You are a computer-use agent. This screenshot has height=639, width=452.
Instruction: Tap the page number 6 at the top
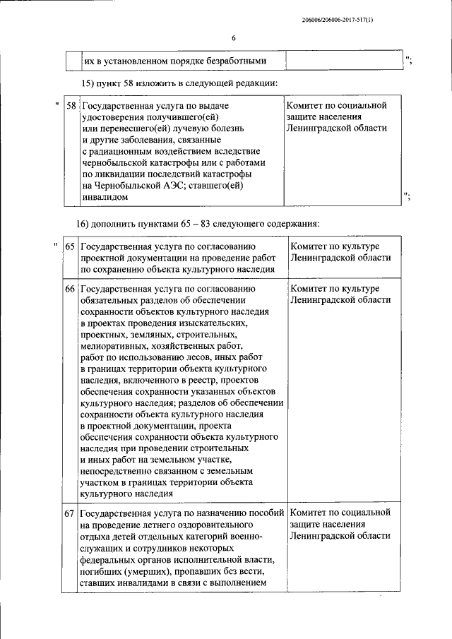point(233,38)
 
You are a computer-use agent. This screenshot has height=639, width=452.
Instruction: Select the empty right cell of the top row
point(345,61)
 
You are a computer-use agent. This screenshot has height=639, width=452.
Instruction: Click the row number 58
point(71,106)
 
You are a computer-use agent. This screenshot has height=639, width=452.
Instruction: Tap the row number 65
point(71,247)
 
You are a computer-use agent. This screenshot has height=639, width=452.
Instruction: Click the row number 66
point(71,289)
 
